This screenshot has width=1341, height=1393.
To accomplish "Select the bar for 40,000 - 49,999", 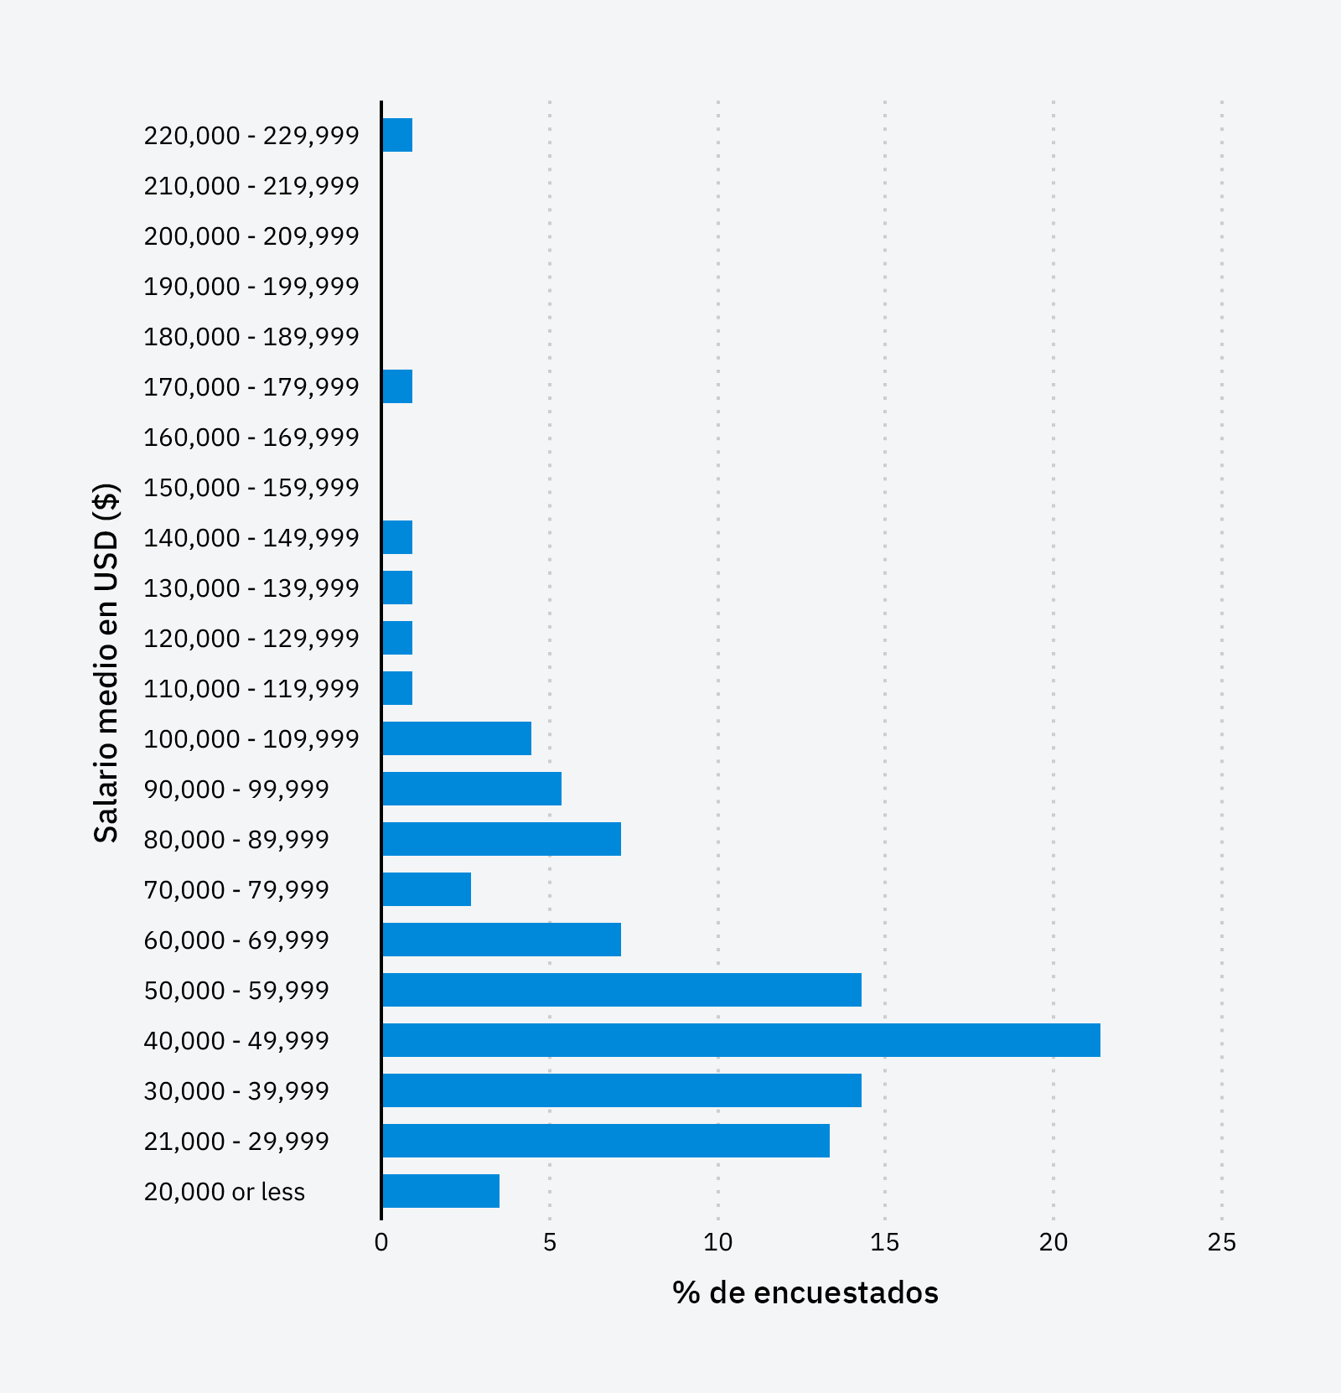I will coord(741,1040).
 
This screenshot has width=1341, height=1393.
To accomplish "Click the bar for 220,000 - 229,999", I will coord(397,135).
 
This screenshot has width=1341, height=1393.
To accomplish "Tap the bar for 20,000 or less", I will coord(441,1191).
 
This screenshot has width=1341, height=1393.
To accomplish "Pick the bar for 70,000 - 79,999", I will coord(427,889).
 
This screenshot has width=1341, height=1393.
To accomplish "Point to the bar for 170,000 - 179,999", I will coord(397,386).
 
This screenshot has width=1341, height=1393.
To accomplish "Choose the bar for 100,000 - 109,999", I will coord(457,738).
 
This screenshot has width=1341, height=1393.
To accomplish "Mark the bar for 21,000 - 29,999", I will coord(606,1141).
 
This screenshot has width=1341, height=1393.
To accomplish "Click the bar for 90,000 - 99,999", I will coord(472,789).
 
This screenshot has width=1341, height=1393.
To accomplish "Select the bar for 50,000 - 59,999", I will coord(622,990).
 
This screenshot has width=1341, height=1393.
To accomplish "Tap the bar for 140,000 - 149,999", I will coord(397,537).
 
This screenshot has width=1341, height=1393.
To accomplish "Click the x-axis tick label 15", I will coord(884,1242).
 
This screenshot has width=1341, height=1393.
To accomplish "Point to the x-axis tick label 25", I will coord(1221,1242).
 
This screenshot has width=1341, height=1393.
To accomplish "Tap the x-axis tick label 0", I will coord(381,1242).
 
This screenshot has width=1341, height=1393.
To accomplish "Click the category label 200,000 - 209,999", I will coord(251,236).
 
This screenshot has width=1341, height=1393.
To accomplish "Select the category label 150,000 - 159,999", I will coord(251,488).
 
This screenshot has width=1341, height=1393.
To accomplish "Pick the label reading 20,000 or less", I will coord(225,1192).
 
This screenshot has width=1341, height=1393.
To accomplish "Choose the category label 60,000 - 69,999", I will coord(236,940).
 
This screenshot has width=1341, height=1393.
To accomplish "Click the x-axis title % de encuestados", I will coord(805,1292).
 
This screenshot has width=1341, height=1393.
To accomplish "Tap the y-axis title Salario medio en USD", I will coord(106,662).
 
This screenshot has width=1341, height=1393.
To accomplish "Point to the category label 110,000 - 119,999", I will coord(251,689).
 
